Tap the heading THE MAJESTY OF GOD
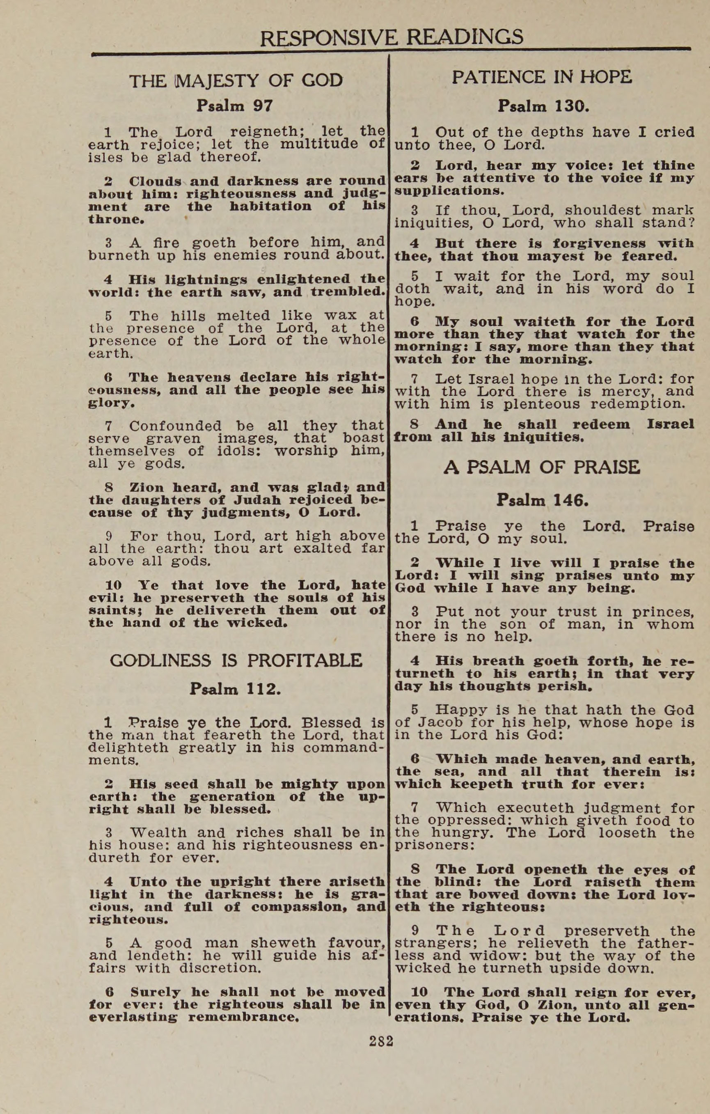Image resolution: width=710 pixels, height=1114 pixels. pyautogui.click(x=236, y=80)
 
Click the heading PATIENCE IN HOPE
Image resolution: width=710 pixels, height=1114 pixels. pyautogui.click(x=542, y=77)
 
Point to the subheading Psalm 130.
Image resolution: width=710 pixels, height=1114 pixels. pyautogui.click(x=543, y=106)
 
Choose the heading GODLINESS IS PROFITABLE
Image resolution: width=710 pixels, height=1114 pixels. pyautogui.click(x=236, y=660)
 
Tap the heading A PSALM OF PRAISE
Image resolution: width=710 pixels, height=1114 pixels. pyautogui.click(x=542, y=467)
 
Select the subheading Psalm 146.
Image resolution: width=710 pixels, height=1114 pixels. pyautogui.click(x=542, y=500)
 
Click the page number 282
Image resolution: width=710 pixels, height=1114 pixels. pyautogui.click(x=381, y=1041)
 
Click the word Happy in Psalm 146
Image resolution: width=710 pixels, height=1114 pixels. pyautogui.click(x=461, y=710)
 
